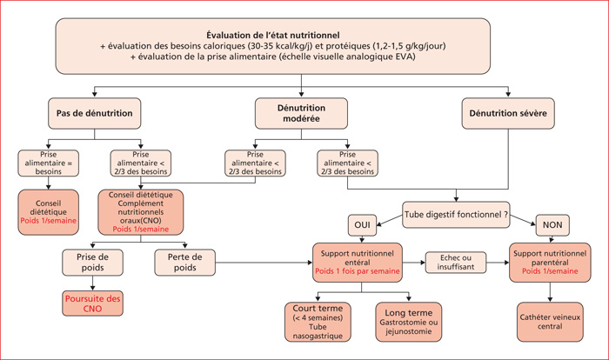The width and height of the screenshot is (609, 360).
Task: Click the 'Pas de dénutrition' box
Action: (x=94, y=113)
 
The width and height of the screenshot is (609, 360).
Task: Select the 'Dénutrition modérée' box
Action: (x=301, y=113)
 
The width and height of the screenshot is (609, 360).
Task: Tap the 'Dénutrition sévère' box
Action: (x=508, y=113)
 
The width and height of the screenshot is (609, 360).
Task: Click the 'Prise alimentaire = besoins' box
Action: (x=48, y=163)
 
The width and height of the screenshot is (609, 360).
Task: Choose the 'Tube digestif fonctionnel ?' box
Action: (x=456, y=215)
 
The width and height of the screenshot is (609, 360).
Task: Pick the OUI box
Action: (x=363, y=225)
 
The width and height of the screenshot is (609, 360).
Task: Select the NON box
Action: (x=552, y=225)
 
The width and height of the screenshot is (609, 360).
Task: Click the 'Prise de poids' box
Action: (x=92, y=263)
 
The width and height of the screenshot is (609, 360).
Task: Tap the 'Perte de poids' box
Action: (x=184, y=263)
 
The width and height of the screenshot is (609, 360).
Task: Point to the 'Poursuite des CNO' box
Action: (x=92, y=303)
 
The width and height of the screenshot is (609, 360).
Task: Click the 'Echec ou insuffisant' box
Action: (x=456, y=263)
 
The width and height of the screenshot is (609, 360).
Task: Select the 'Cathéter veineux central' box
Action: (x=550, y=322)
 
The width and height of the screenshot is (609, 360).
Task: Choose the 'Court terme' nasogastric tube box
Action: (x=318, y=322)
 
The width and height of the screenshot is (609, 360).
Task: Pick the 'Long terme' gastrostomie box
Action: (x=409, y=322)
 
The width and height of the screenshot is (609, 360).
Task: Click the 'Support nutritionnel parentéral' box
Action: (x=550, y=263)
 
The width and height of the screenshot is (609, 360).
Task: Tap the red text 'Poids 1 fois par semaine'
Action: (x=358, y=271)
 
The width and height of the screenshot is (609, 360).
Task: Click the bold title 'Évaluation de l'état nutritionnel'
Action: (x=272, y=36)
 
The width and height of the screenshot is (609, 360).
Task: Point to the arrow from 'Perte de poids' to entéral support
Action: (x=264, y=263)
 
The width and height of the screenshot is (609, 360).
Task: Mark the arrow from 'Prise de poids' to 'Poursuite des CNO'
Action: (x=92, y=283)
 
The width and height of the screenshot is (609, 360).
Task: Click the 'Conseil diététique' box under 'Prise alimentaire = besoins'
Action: (x=48, y=212)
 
